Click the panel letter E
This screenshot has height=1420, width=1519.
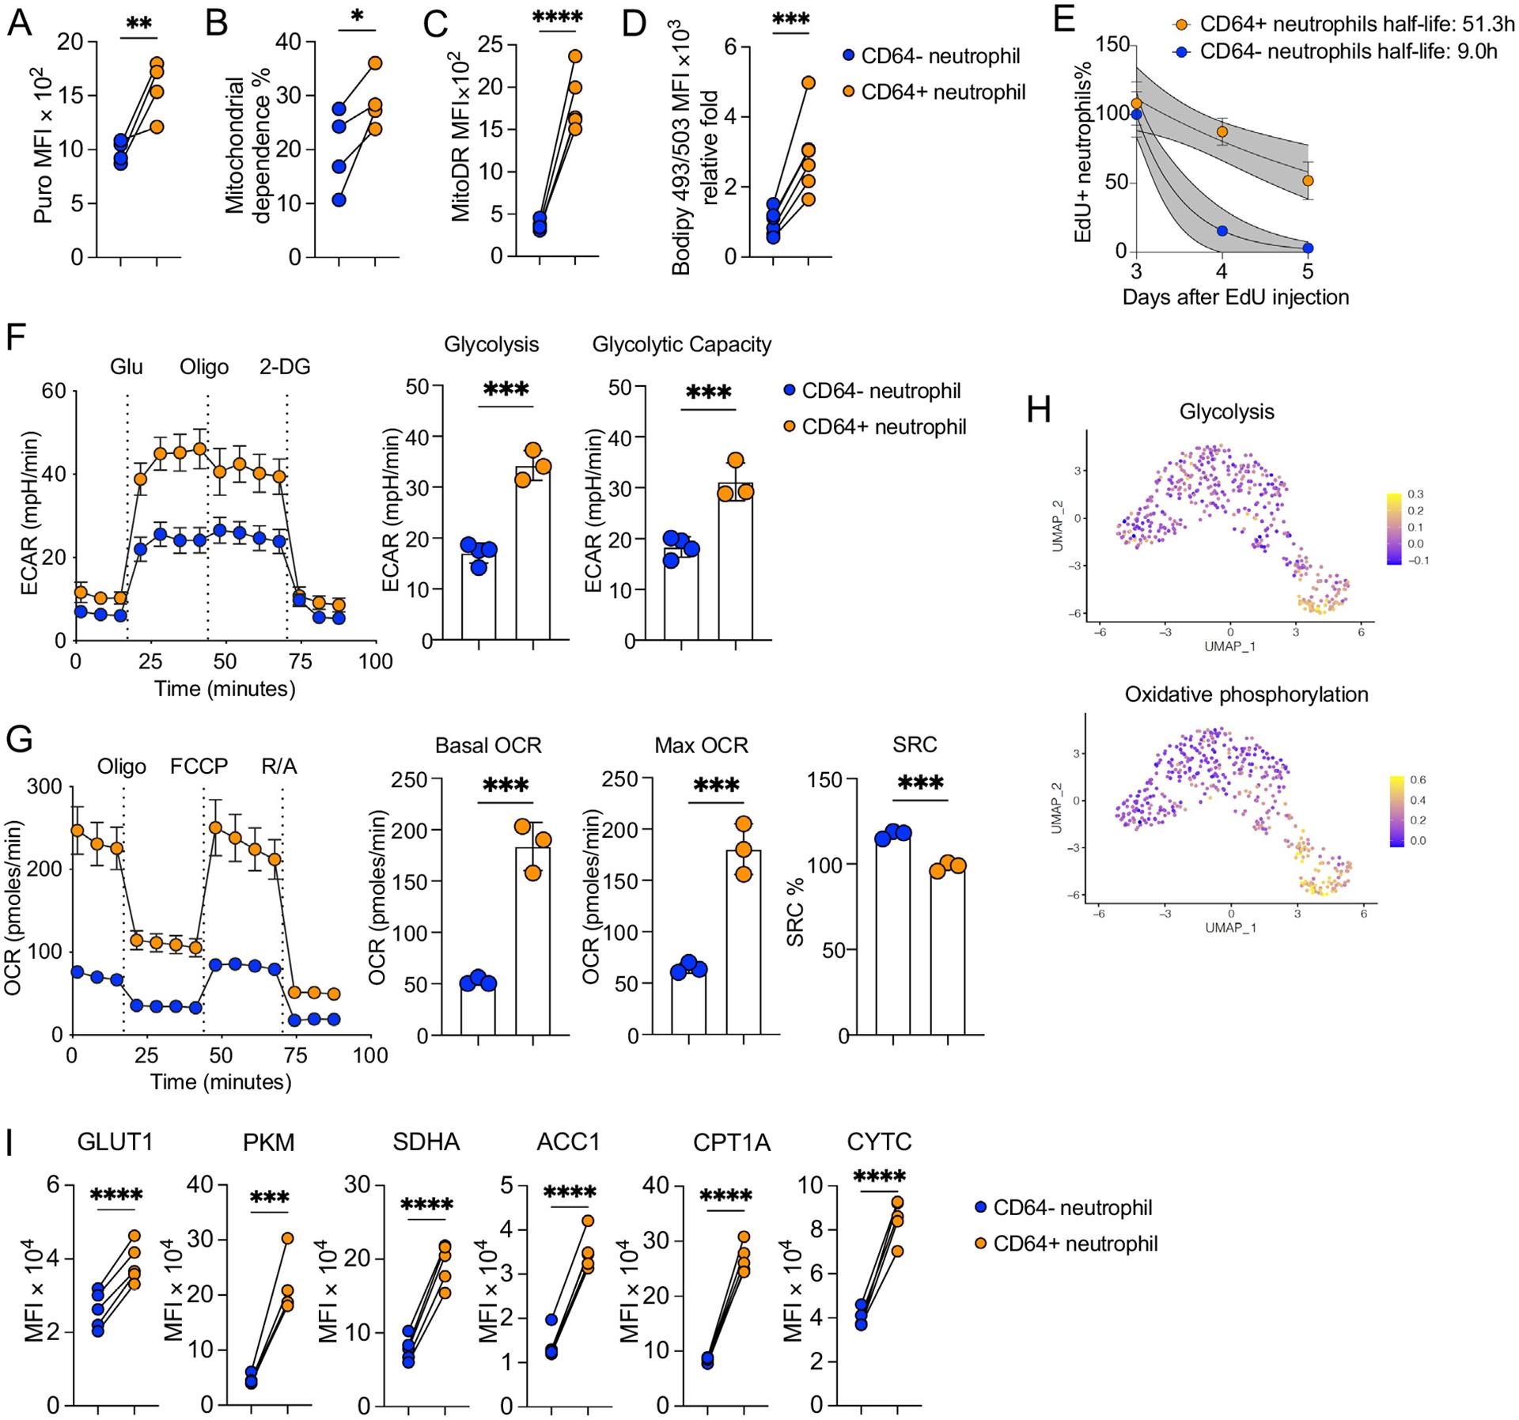coord(1065,17)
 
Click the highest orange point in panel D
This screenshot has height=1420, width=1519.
coord(809,82)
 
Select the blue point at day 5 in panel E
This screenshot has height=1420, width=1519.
coord(1308,248)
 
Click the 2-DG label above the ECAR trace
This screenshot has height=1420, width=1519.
coord(285,367)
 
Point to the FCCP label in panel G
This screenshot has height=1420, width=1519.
coord(199,767)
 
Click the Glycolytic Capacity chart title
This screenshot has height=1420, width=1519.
coord(681,345)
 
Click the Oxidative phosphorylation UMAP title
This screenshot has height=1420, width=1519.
coord(1246,695)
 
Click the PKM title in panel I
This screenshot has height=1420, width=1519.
coord(269,1142)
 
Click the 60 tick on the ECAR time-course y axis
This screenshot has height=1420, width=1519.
coord(54,391)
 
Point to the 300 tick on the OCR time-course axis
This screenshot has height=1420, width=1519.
coord(47,786)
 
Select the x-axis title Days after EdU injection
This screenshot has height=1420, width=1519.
coord(1236,297)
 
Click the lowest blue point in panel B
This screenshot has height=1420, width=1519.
coord(339,200)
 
